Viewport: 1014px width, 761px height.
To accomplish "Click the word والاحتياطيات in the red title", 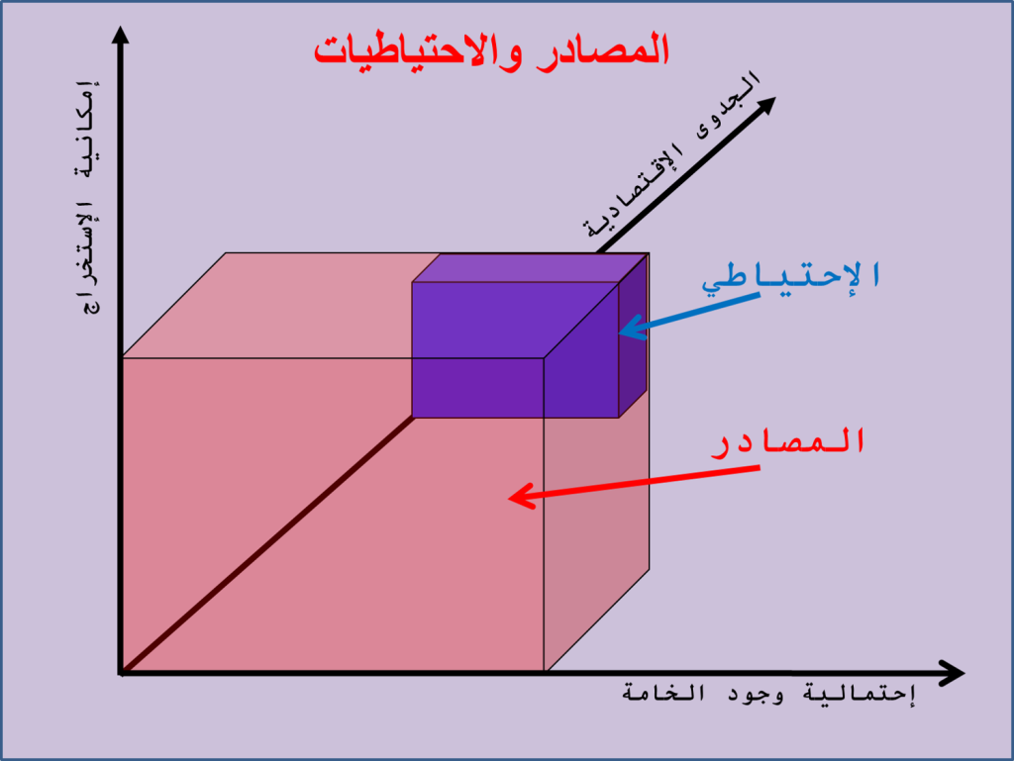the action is click(419, 51).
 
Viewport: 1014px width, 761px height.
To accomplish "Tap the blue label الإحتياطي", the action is click(791, 277).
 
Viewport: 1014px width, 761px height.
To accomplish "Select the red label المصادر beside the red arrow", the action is click(788, 442).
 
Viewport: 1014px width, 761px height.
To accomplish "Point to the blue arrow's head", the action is click(631, 329).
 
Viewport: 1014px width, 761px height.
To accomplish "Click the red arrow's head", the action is click(521, 497).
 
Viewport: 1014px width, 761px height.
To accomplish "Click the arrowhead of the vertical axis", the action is click(120, 35).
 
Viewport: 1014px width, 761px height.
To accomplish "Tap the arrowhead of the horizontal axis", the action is click(951, 673).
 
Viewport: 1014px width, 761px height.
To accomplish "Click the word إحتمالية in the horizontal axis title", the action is click(860, 694).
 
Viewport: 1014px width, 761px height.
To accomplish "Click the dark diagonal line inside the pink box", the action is click(267, 545).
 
